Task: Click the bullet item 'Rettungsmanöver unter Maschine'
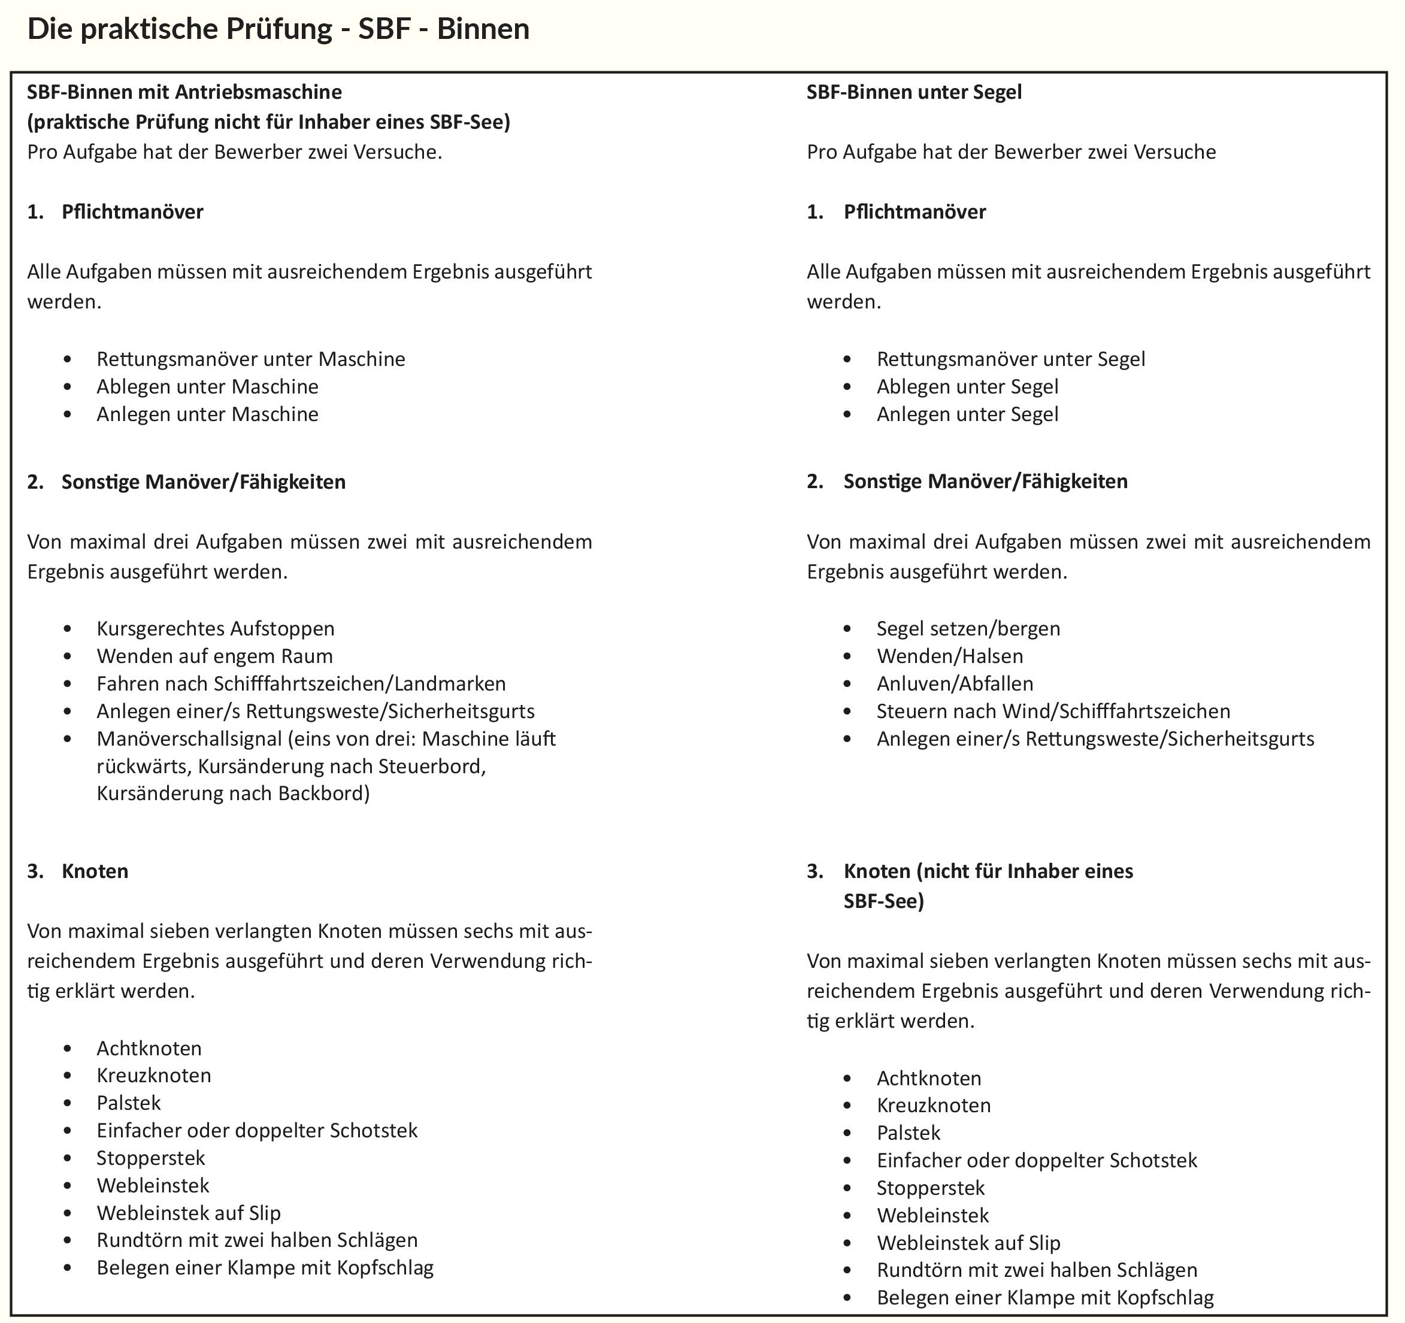click(x=250, y=359)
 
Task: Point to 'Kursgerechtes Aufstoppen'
click(x=215, y=628)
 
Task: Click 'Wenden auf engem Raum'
click(x=214, y=656)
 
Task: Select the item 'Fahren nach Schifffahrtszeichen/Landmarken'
click(x=301, y=683)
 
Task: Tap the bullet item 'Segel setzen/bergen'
click(x=968, y=628)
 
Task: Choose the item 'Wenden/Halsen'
click(x=949, y=656)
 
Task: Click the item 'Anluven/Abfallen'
click(x=954, y=683)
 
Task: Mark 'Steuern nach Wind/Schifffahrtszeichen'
click(x=1053, y=711)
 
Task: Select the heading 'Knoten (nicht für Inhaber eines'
click(x=988, y=871)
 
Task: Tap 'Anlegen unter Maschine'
click(x=207, y=414)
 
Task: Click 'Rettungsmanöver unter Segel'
click(x=1011, y=359)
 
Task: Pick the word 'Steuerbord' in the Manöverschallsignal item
click(x=431, y=767)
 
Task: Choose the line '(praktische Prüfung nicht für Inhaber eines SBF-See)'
click(x=268, y=122)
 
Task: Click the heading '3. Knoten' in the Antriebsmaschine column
click(x=95, y=871)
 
